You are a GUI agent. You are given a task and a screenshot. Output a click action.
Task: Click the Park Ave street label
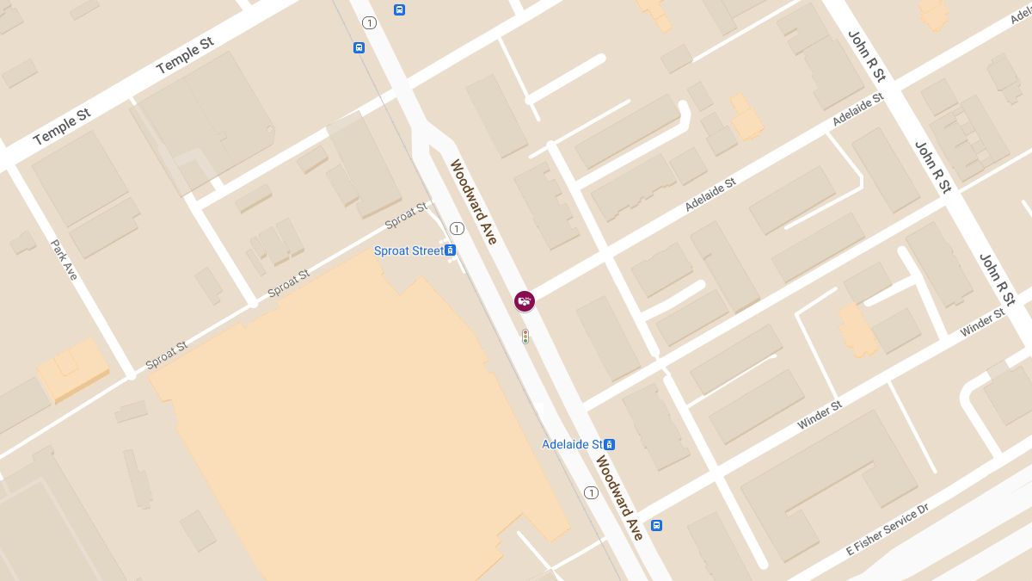click(64, 259)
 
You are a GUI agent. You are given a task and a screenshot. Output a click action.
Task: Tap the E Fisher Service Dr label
click(888, 529)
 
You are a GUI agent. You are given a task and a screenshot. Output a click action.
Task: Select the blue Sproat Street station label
click(408, 250)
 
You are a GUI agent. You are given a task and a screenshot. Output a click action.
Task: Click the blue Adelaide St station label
click(571, 444)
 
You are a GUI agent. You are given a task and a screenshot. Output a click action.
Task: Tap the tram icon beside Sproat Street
click(450, 250)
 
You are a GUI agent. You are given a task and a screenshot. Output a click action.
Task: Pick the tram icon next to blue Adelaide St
click(609, 444)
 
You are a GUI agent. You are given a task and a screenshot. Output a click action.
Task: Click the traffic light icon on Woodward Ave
click(525, 337)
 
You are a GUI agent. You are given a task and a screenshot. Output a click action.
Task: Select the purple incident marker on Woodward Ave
click(525, 301)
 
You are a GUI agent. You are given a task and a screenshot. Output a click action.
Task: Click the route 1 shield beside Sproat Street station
click(457, 228)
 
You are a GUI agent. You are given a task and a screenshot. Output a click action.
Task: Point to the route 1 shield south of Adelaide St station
click(591, 492)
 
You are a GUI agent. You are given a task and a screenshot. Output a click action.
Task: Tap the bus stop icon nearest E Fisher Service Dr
click(656, 525)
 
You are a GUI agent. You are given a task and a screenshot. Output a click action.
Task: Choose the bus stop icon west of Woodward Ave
click(359, 48)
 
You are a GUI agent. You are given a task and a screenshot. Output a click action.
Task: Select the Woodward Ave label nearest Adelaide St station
click(619, 498)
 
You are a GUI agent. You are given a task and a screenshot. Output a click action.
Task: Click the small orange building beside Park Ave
click(73, 368)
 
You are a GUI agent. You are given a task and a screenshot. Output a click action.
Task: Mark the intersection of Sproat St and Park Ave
click(131, 374)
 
